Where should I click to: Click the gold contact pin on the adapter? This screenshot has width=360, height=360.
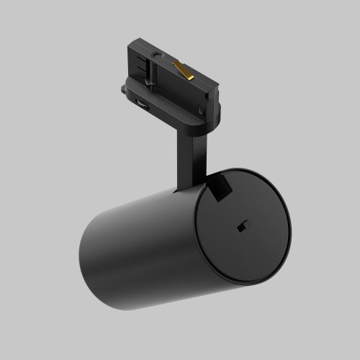click(184, 71)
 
